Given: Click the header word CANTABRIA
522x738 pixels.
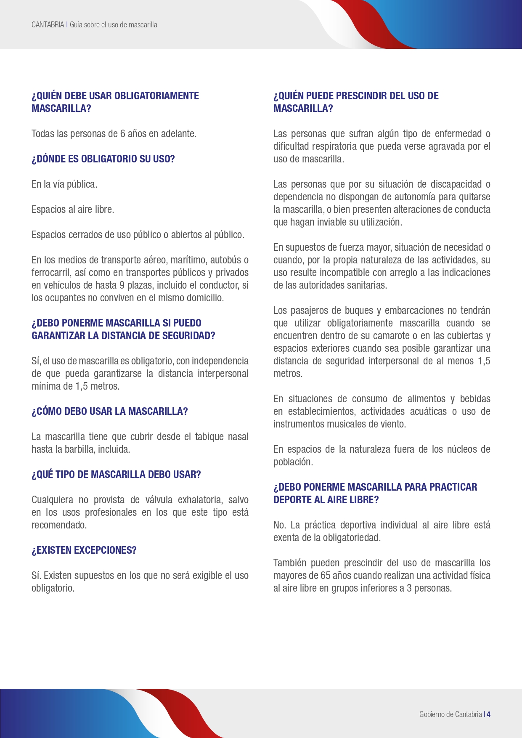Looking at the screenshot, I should (48, 25).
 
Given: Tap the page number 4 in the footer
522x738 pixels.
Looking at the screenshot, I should (489, 714).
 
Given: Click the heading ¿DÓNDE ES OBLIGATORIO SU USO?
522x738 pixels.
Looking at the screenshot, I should (103, 159).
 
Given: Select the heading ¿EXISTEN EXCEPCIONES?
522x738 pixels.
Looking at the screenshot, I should (84, 550).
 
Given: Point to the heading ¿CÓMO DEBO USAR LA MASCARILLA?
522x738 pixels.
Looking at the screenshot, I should (109, 411).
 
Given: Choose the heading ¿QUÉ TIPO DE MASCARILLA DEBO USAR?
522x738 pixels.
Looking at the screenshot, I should (116, 475).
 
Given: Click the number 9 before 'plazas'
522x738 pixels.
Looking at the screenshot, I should (122, 285).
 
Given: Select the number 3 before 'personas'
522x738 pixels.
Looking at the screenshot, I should (409, 588).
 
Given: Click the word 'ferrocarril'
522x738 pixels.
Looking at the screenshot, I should (51, 273).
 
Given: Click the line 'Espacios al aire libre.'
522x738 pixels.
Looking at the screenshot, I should (73, 210).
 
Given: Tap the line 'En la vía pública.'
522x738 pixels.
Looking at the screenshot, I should (64, 184).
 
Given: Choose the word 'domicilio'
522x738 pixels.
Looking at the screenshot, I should (204, 298).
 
